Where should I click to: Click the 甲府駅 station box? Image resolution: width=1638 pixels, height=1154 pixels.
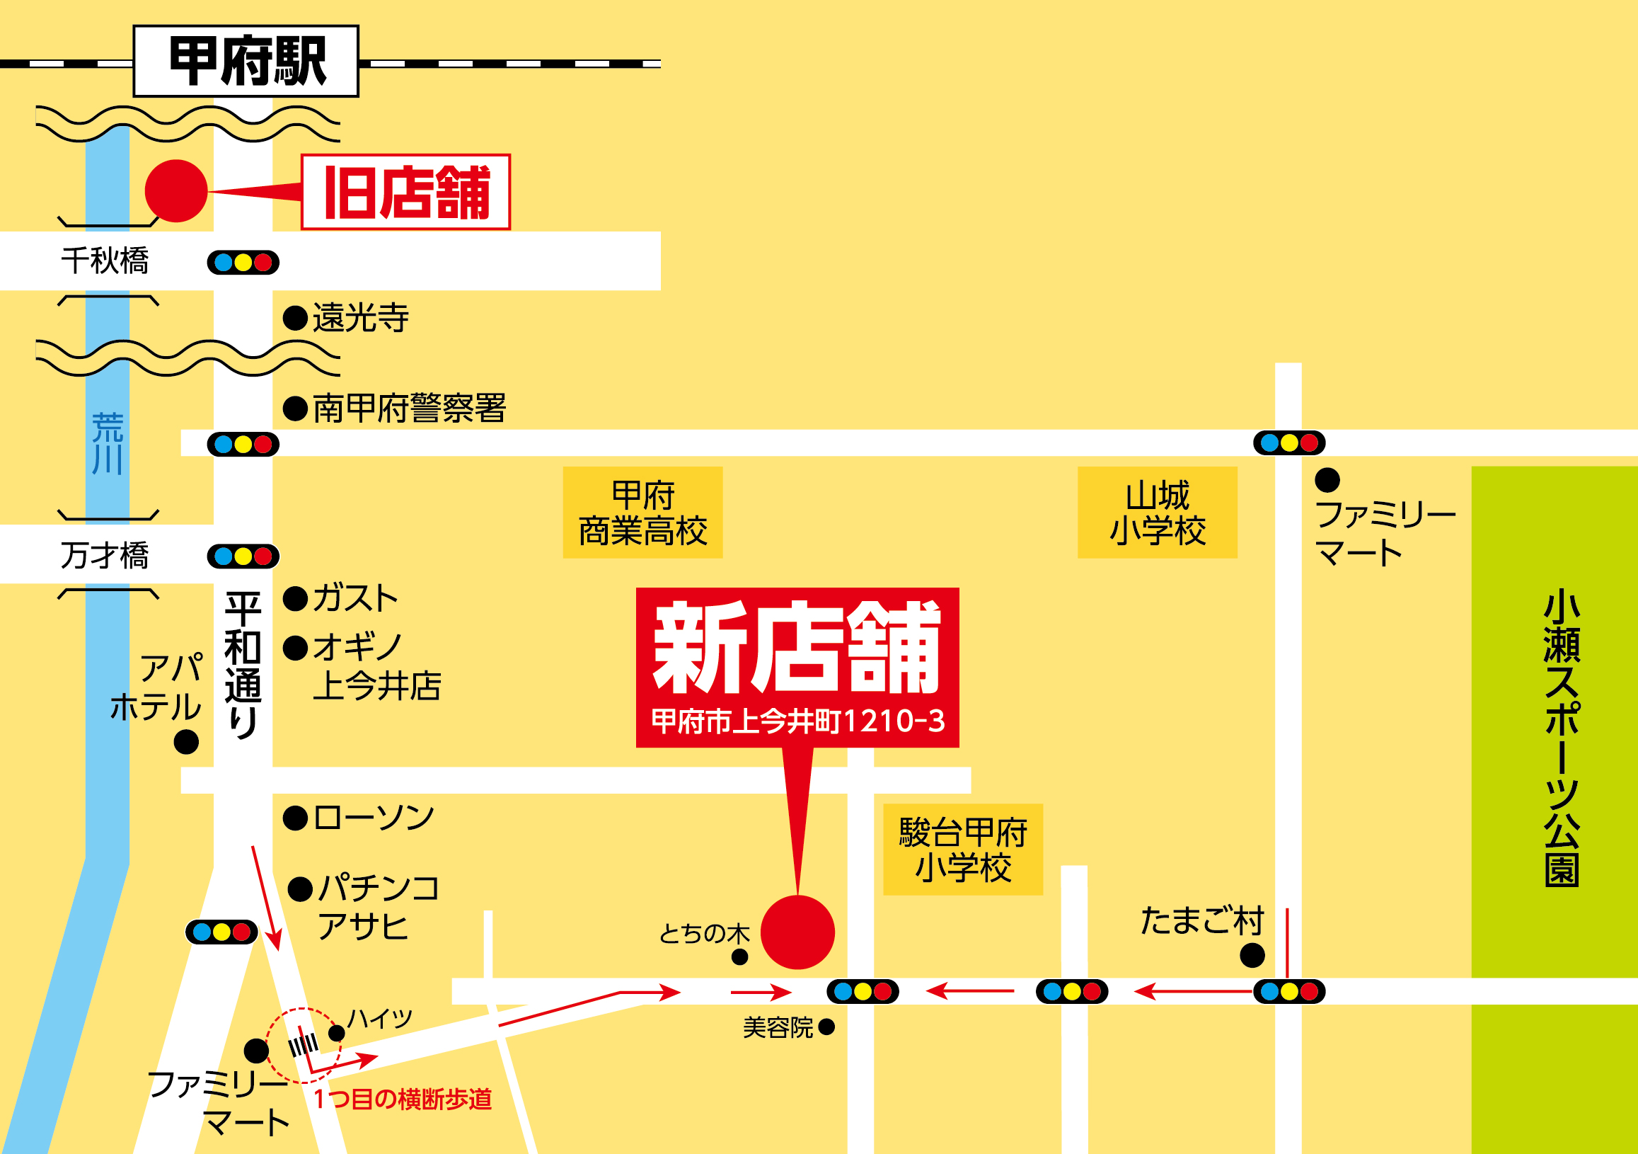click(246, 62)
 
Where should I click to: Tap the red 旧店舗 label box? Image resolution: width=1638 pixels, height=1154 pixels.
click(406, 192)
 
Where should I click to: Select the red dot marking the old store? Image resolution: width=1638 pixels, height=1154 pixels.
click(176, 190)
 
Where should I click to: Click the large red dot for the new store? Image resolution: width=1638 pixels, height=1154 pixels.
click(797, 932)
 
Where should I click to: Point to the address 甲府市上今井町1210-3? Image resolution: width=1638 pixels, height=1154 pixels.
click(797, 721)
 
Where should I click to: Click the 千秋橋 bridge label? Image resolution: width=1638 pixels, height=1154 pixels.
click(105, 261)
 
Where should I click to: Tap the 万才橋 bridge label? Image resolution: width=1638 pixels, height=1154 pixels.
click(105, 555)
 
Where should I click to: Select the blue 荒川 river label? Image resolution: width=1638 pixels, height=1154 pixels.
click(108, 443)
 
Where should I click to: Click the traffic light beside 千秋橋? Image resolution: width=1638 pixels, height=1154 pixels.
click(243, 263)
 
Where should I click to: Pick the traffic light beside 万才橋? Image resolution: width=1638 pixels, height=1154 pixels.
click(243, 556)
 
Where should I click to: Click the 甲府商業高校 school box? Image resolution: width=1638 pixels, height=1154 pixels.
click(642, 513)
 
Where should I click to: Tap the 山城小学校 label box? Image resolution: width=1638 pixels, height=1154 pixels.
click(1157, 513)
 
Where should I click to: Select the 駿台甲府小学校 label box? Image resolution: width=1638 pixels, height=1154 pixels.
click(963, 850)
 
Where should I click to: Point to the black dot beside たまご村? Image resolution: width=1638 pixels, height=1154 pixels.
click(1252, 955)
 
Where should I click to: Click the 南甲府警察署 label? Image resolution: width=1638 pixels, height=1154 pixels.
click(410, 409)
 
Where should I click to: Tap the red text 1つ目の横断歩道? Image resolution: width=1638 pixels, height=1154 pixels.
click(403, 1099)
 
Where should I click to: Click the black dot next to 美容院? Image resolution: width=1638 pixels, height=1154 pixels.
click(827, 1027)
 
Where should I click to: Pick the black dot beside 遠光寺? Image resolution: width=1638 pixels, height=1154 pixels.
click(295, 318)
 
